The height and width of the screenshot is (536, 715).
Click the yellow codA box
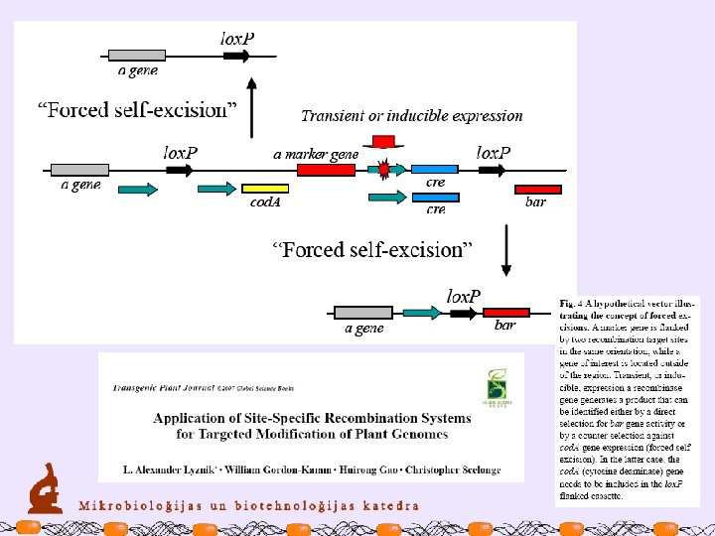click(x=265, y=189)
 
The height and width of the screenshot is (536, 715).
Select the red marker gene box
click(x=326, y=171)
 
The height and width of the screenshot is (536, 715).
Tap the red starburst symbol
click(x=384, y=171)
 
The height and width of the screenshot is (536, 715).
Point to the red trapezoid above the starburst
click(x=383, y=141)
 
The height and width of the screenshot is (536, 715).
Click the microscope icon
click(x=43, y=490)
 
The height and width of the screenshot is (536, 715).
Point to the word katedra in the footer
click(x=385, y=504)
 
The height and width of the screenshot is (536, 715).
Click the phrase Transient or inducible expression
click(x=411, y=116)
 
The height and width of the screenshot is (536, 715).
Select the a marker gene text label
click(x=316, y=154)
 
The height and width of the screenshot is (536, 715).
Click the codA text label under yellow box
click(x=265, y=203)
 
